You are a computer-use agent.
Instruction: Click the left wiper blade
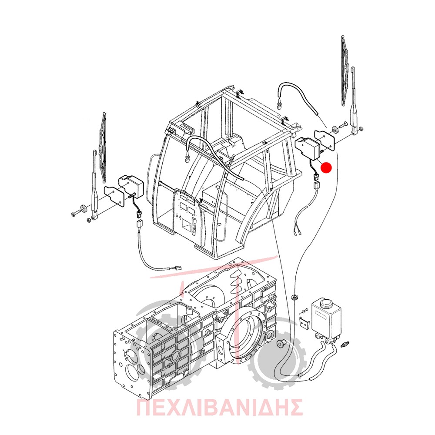[103, 147]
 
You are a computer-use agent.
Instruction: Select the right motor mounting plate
[325, 141]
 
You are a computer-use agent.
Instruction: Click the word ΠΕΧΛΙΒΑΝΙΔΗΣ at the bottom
[219, 407]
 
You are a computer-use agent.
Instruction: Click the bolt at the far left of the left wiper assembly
[75, 214]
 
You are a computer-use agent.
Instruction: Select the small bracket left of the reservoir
[305, 323]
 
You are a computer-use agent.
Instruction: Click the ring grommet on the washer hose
[294, 297]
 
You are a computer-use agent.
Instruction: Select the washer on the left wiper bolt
[83, 209]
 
